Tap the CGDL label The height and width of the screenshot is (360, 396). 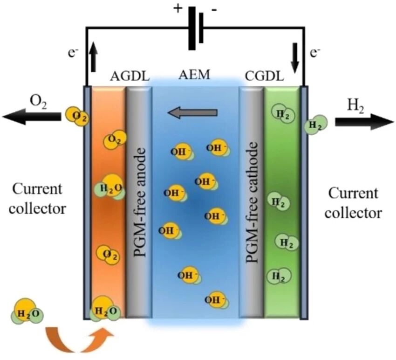coord(264,76)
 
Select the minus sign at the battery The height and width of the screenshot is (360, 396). coord(214,10)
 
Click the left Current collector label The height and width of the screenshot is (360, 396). coord(37,199)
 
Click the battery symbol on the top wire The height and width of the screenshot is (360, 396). coord(196,28)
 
